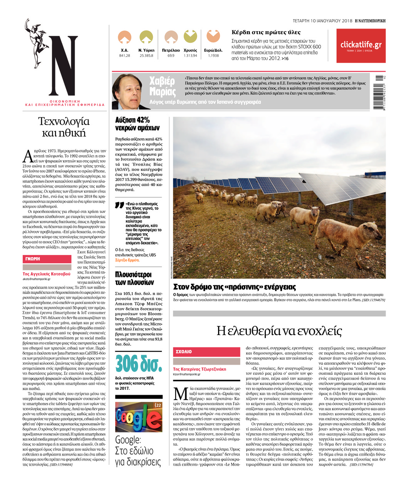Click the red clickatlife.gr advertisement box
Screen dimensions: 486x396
pos(361,46)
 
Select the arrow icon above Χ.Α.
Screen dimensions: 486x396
pos(124,37)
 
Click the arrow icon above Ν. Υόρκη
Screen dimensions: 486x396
pos(146,37)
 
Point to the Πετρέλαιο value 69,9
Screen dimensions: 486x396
pos(171,55)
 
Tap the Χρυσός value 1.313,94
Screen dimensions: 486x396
pos(190,55)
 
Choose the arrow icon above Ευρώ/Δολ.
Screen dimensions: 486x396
pos(213,36)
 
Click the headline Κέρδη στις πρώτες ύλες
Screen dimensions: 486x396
pos(266,32)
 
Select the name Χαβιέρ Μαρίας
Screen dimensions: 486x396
pos(162,87)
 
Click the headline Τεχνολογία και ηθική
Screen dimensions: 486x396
pos(64,127)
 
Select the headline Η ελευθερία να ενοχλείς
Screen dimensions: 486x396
pos(279,331)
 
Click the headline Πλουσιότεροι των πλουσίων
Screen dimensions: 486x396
pos(134,278)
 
